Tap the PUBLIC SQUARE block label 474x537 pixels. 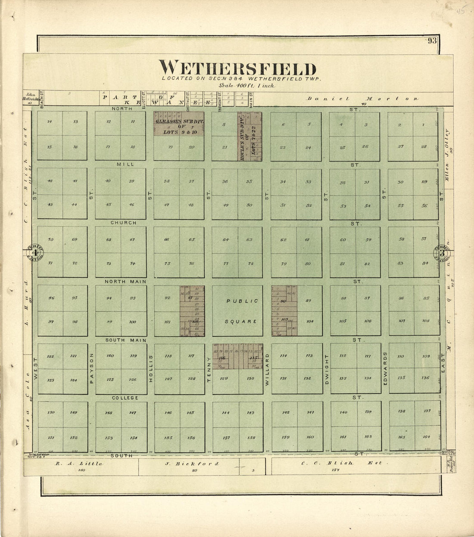[242, 311]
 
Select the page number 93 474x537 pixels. [432, 41]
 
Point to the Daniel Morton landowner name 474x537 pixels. [362, 99]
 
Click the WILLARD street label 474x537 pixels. [267, 369]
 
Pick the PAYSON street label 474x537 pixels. [91, 369]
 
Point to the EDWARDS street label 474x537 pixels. [385, 369]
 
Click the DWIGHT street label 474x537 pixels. [326, 369]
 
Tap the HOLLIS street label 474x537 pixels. [150, 369]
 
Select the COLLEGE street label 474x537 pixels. [125, 398]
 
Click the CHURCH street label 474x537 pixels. [123, 223]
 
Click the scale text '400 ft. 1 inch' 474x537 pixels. [246, 85]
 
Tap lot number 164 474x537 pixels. [426, 437]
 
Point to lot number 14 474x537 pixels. [50, 122]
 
